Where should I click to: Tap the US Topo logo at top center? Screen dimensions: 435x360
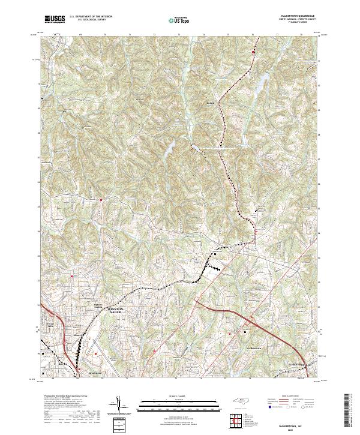[x=179, y=20]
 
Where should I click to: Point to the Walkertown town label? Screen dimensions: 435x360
[x=255, y=348]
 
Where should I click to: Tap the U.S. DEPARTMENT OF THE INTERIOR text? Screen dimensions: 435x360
[x=91, y=17]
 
